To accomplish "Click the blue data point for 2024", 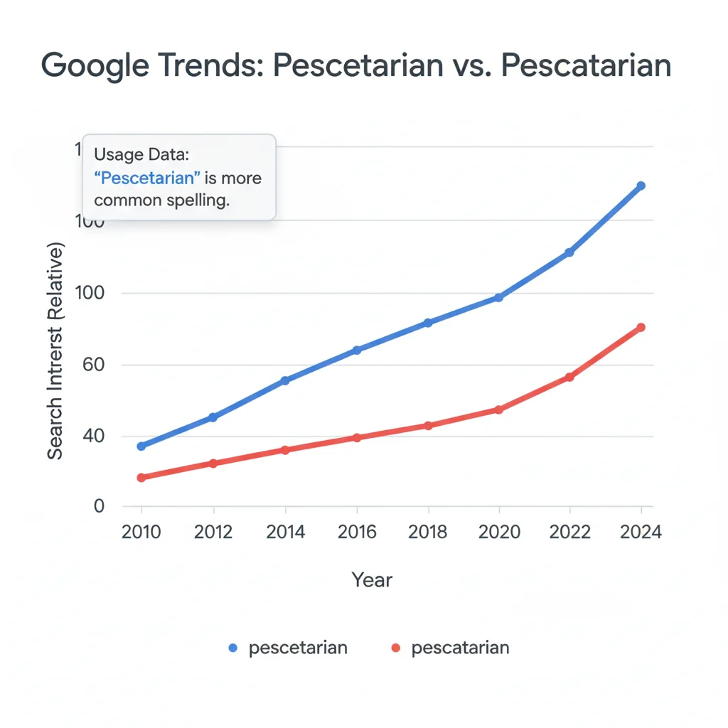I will pyautogui.click(x=641, y=186).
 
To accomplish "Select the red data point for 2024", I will pyautogui.click(x=641, y=327).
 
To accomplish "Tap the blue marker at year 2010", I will pyautogui.click(x=141, y=446).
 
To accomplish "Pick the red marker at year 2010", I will pyautogui.click(x=141, y=478).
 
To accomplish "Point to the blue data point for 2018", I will pyautogui.click(x=428, y=323).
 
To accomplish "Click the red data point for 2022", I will pyautogui.click(x=569, y=377).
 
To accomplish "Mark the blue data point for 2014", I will pyautogui.click(x=285, y=380).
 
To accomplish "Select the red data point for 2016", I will pyautogui.click(x=357, y=437).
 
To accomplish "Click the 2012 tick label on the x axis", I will pyautogui.click(x=213, y=532).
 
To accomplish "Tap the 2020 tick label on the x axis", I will pyautogui.click(x=498, y=532).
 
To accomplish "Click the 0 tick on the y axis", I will pyautogui.click(x=99, y=506).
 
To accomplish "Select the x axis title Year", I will pyautogui.click(x=372, y=580).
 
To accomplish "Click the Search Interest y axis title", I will pyautogui.click(x=55, y=351).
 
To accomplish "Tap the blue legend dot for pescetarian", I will pyautogui.click(x=232, y=648).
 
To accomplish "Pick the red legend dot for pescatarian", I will pyautogui.click(x=396, y=648).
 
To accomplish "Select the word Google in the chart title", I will pyautogui.click(x=95, y=65).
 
